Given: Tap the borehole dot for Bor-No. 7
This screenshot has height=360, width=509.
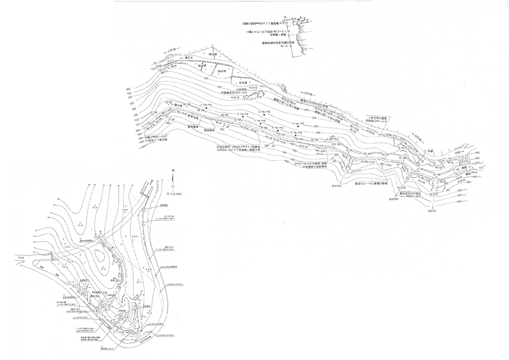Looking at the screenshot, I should (x=207, y=108).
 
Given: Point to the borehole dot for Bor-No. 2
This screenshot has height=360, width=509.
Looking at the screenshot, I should (x=263, y=115).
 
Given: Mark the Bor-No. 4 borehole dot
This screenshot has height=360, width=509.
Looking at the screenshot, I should (x=298, y=126).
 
